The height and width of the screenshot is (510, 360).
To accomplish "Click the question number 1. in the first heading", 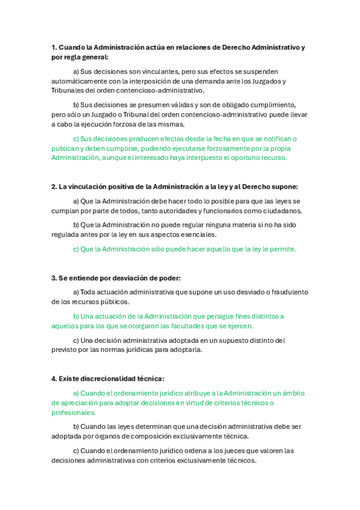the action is pos(54,48).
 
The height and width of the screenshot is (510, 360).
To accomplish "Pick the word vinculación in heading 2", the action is pos(91,187).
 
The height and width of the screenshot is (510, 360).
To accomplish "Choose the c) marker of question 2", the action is pos(76,249).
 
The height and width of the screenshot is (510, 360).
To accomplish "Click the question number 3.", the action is pos(54,278).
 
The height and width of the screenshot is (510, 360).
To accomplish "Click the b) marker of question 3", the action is pos(76,316).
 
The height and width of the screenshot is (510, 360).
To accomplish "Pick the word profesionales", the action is pos(73,413).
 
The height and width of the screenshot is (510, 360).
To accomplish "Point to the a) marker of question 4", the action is pos(76,393).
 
